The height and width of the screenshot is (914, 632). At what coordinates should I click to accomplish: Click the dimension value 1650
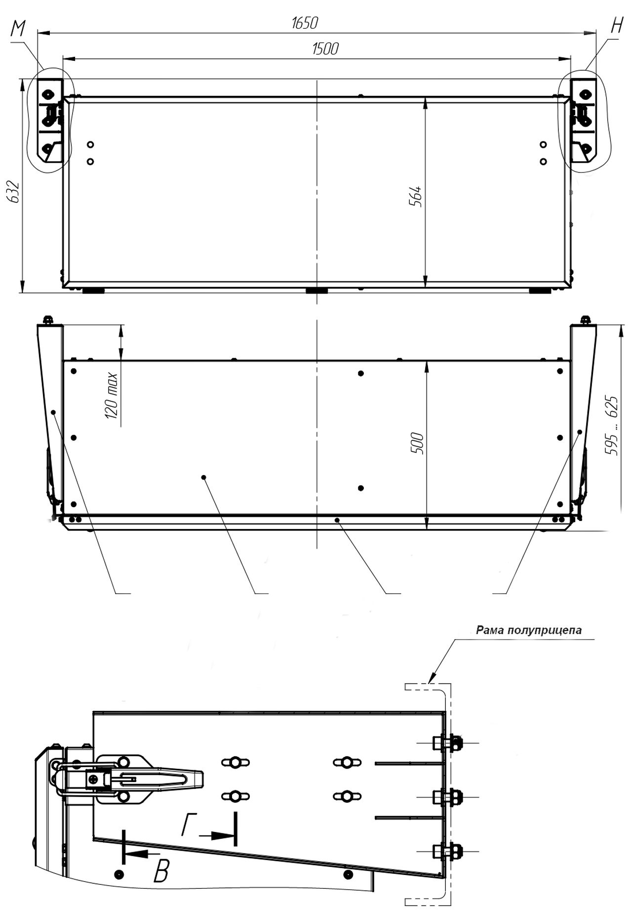[x=305, y=23]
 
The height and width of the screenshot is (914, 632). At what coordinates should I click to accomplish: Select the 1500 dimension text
[x=325, y=49]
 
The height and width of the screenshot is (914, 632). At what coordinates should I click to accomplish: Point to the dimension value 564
[x=416, y=196]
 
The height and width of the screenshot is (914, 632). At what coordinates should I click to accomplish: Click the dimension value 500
[x=417, y=443]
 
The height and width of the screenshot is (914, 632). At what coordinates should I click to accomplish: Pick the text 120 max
[x=112, y=396]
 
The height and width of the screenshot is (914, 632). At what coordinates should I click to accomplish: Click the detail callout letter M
[x=18, y=30]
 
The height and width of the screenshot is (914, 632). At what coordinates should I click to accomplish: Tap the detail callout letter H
[x=617, y=26]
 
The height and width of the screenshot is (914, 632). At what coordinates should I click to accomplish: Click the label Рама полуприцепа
[x=529, y=630]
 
